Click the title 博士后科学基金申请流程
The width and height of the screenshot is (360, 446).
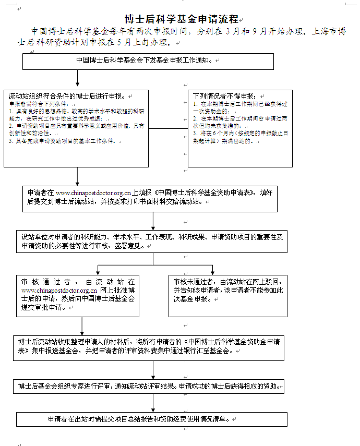(182, 20)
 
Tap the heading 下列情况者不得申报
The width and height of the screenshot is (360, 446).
(224, 96)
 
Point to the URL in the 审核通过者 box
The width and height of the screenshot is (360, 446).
(59, 290)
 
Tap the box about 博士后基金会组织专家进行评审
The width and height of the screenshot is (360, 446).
(150, 387)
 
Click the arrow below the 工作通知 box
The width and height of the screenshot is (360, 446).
(77, 79)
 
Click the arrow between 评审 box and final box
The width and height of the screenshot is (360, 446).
(153, 403)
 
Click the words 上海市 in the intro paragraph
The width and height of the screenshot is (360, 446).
(323, 31)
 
